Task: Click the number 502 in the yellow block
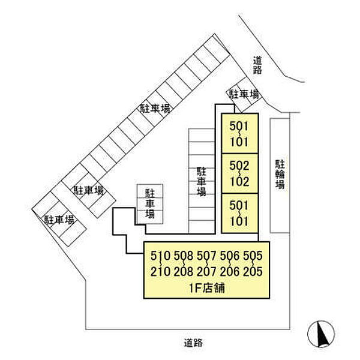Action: [239, 166]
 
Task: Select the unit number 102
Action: [239, 181]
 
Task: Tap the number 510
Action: [160, 256]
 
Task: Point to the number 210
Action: [160, 271]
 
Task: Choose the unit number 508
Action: [184, 256]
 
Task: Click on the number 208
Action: [184, 271]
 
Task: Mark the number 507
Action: [206, 256]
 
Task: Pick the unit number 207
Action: [206, 271]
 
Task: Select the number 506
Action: [230, 256]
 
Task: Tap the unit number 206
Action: [230, 271]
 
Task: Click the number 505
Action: [253, 256]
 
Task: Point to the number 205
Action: [253, 271]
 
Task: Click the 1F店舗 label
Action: [206, 288]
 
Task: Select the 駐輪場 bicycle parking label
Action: [280, 175]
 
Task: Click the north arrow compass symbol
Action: [321, 334]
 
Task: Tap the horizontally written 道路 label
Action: [193, 343]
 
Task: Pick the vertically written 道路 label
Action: [257, 65]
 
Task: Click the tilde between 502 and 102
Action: [239, 173]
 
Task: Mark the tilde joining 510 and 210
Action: [160, 263]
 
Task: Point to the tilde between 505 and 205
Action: [253, 263]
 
